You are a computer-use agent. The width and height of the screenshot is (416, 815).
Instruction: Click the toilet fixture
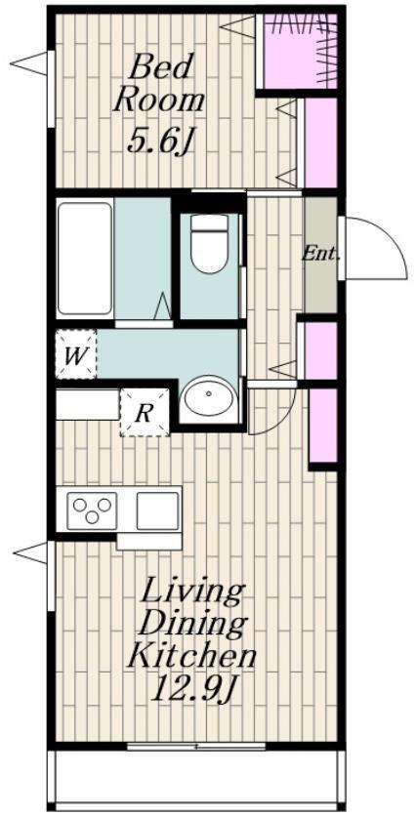tap(209, 243)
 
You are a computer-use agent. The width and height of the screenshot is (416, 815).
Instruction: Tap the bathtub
tap(85, 259)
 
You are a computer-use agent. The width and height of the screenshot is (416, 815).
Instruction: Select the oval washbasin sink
tap(208, 396)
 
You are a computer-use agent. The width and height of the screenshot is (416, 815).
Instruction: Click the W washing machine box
tap(76, 354)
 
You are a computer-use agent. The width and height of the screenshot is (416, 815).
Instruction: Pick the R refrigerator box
tap(145, 412)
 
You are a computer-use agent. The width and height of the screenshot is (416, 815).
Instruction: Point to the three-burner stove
tap(92, 509)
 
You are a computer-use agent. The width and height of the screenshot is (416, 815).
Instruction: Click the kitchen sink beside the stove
tap(157, 510)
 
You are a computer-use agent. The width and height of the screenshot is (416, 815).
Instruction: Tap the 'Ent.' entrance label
tap(321, 255)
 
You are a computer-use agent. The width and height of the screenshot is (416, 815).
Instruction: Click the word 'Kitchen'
tap(191, 656)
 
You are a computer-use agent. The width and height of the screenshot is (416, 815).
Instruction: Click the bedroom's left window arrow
tap(30, 64)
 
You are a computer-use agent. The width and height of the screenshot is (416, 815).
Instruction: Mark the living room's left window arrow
tap(32, 552)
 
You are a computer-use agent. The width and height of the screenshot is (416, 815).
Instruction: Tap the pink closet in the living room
tap(323, 425)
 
